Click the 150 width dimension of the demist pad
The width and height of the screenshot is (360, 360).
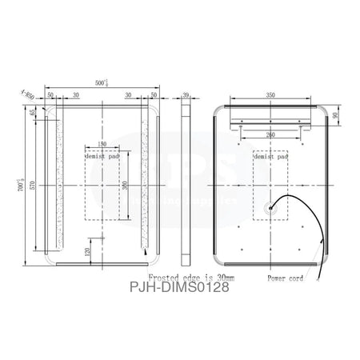point(102,144)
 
